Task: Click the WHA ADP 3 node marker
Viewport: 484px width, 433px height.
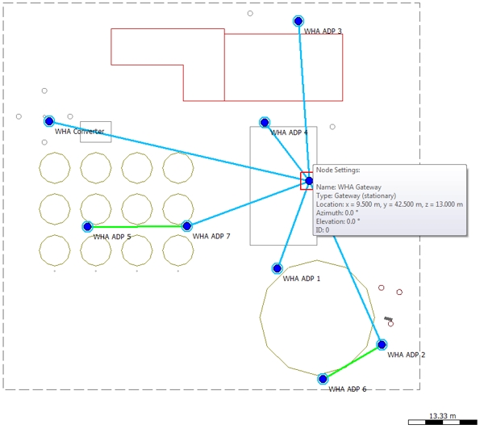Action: (x=298, y=21)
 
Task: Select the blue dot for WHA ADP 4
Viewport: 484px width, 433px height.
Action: (x=265, y=123)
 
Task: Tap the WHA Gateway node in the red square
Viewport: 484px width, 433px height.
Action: (x=308, y=181)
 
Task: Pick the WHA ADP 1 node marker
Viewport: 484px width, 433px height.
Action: (x=277, y=268)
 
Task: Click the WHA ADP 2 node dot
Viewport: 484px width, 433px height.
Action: (x=382, y=345)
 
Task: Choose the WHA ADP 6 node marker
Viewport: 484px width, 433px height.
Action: (x=323, y=379)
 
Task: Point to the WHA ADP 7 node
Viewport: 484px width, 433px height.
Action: (x=186, y=226)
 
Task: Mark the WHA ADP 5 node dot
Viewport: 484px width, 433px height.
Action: (x=87, y=227)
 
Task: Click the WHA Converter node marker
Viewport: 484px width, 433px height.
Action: (x=49, y=121)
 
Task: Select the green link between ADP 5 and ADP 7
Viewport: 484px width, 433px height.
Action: (x=137, y=226)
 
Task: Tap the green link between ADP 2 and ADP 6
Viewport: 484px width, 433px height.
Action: (x=353, y=362)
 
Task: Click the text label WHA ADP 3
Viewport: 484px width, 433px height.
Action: (x=323, y=32)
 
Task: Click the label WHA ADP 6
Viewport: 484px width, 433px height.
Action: (x=347, y=389)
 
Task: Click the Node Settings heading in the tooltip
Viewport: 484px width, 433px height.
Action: (x=337, y=170)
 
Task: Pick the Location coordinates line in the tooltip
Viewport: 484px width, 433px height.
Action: (x=389, y=204)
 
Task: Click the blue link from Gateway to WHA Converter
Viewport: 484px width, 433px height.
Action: (x=177, y=151)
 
